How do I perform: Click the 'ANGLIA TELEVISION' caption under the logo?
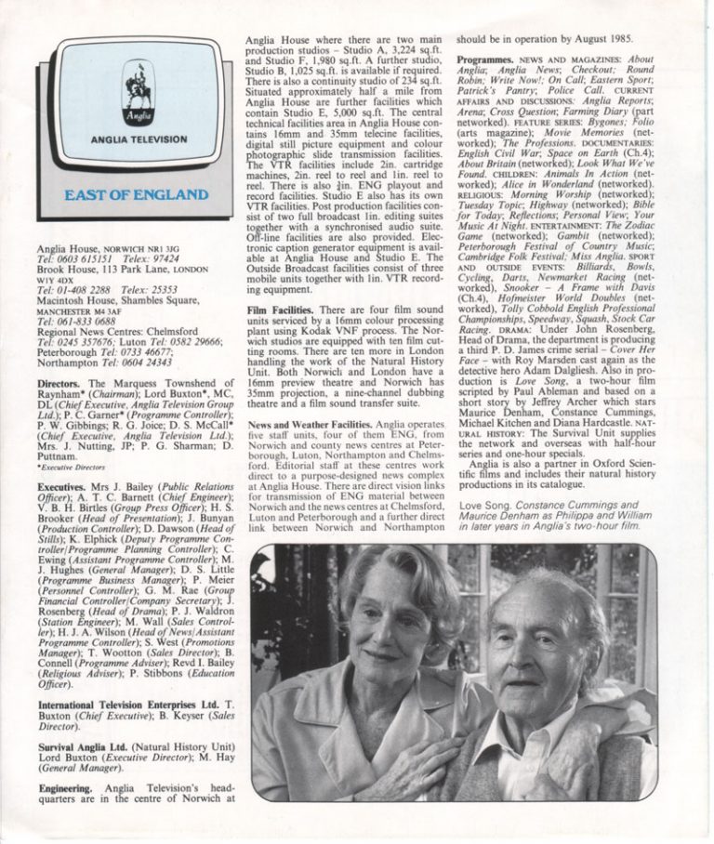(x=139, y=139)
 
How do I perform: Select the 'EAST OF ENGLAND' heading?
(x=139, y=194)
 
